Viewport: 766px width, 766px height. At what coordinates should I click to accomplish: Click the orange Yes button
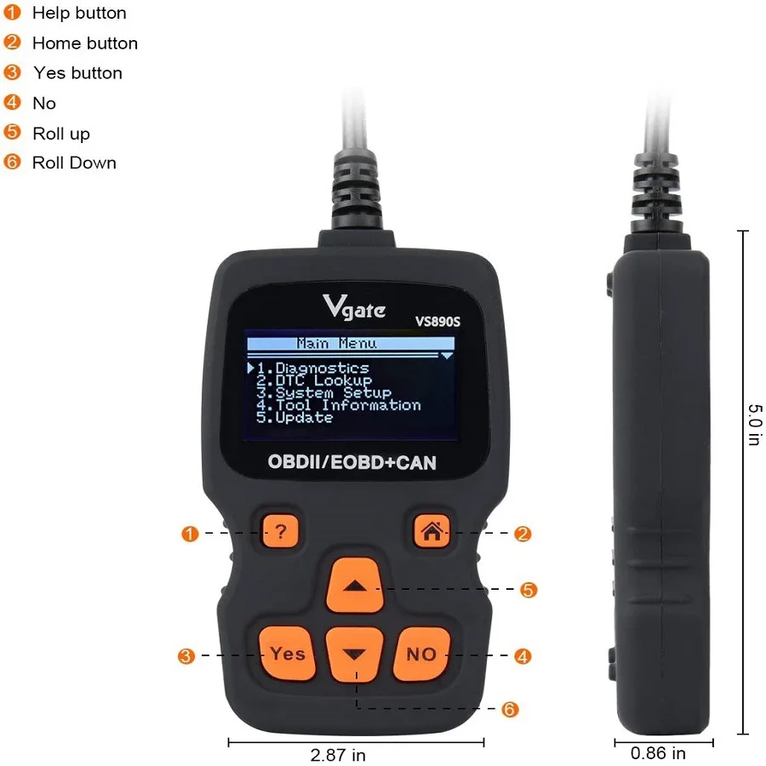point(288,654)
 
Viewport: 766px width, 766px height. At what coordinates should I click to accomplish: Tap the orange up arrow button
point(356,586)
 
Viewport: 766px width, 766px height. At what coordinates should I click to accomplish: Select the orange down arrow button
point(356,654)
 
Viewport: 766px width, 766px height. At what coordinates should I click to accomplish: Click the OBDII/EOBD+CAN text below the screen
point(352,463)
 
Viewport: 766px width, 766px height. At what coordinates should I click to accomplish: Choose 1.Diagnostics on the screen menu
point(312,369)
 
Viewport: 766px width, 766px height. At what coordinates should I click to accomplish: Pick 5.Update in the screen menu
point(295,418)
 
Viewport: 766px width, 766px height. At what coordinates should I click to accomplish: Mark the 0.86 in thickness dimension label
point(658,752)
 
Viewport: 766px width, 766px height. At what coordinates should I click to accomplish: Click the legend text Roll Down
point(74,163)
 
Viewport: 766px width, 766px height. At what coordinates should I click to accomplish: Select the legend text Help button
point(79,13)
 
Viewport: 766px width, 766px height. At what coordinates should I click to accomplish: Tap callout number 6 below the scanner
point(510,709)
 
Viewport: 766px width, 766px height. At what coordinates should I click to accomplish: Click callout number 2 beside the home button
point(523,534)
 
